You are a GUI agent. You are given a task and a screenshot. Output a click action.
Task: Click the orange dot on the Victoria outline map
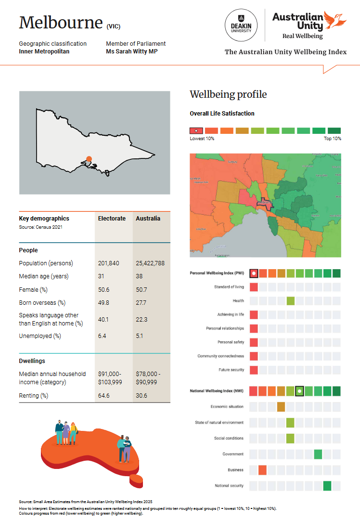point(89,158)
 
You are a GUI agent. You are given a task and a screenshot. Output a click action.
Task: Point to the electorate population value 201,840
point(109,263)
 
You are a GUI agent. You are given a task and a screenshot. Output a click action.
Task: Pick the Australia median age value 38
point(140,276)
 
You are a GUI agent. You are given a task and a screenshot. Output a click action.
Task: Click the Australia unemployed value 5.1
point(140,336)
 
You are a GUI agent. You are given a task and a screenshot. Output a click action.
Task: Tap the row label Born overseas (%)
point(42,303)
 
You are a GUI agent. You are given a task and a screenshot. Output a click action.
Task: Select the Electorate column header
point(112,219)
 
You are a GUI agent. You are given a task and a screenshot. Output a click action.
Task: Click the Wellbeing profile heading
point(228,94)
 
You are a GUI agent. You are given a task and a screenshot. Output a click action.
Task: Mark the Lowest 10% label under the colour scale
point(202,139)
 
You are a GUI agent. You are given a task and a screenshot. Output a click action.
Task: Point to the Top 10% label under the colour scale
point(333,139)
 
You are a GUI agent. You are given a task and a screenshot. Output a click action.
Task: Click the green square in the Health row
point(290,301)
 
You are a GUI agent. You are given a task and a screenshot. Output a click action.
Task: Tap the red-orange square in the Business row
point(262,470)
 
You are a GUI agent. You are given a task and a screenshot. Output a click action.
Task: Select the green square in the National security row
point(327,486)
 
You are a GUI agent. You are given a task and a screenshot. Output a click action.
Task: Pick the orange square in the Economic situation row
point(281,407)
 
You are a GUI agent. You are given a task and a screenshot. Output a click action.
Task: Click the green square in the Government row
point(318,454)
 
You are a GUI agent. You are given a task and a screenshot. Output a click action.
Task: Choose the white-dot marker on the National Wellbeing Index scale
point(299,391)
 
